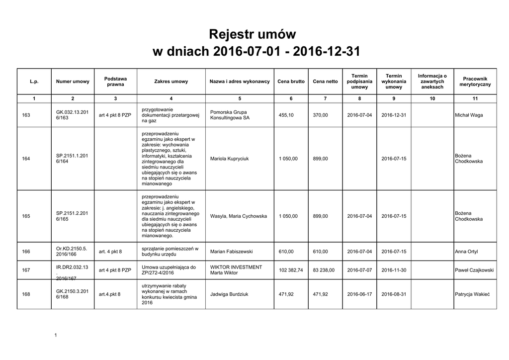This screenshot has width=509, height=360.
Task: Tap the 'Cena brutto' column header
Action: click(291, 82)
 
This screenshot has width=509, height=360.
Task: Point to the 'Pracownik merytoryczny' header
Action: click(475, 82)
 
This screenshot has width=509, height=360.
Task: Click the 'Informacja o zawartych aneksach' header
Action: click(432, 82)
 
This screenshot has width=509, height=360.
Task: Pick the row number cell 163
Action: click(26, 115)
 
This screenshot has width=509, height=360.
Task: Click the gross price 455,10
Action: click(286, 115)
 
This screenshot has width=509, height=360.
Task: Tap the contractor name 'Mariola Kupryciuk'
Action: click(230, 159)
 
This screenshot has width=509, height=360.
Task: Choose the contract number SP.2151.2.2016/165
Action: click(72, 216)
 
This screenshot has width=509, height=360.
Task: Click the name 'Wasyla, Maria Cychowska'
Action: click(239, 216)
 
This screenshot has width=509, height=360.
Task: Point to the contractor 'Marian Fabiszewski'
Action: click(232, 252)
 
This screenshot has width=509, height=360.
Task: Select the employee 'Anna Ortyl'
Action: click(466, 252)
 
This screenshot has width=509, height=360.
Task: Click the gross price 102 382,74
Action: click(291, 270)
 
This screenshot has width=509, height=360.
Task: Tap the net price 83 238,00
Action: click(324, 270)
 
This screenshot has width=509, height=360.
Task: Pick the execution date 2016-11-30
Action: click(394, 270)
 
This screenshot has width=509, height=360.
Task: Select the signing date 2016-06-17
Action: click(359, 294)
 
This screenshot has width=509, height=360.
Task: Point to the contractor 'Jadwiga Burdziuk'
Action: click(229, 294)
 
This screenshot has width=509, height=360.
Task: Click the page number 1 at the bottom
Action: click(56, 335)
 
